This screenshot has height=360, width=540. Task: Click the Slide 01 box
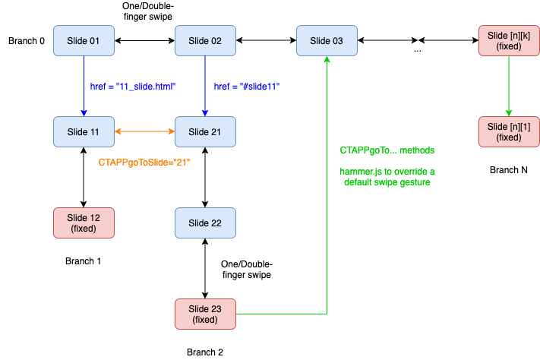pyautogui.click(x=84, y=40)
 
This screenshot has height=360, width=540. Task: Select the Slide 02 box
pyautogui.click(x=205, y=40)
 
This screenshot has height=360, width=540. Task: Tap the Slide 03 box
pyautogui.click(x=327, y=40)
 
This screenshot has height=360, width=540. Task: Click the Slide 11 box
pyautogui.click(x=84, y=132)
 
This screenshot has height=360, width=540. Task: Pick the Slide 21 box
pyautogui.click(x=205, y=132)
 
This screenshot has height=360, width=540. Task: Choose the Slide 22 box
pyautogui.click(x=205, y=223)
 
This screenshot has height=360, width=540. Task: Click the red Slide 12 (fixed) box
pyautogui.click(x=84, y=223)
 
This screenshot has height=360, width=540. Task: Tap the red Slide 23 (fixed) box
pyautogui.click(x=205, y=314)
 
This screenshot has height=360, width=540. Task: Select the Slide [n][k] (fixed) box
pyautogui.click(x=508, y=40)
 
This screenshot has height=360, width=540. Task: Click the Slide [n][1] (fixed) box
pyautogui.click(x=508, y=132)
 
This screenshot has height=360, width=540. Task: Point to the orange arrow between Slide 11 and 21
pyautogui.click(x=144, y=132)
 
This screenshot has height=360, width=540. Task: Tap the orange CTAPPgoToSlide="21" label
pyautogui.click(x=144, y=163)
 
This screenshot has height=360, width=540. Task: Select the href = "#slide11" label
pyautogui.click(x=247, y=87)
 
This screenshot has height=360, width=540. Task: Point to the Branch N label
pyautogui.click(x=508, y=170)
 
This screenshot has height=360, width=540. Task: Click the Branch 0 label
pyautogui.click(x=27, y=40)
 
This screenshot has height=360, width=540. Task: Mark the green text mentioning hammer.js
pyautogui.click(x=387, y=177)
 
